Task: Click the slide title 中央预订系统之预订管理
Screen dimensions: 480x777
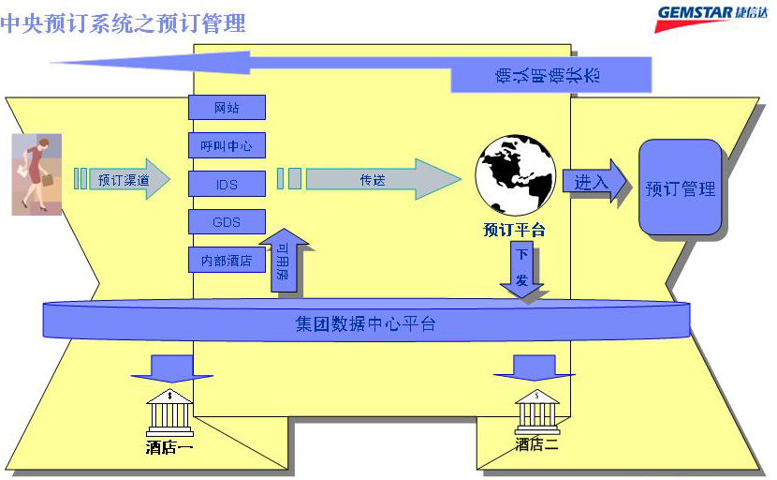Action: point(123,22)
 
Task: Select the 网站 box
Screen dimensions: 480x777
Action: point(227,108)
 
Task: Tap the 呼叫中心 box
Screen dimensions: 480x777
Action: point(227,146)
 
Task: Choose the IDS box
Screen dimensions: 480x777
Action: point(227,185)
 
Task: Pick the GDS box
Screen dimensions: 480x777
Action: point(227,222)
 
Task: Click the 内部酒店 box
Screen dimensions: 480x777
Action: point(227,261)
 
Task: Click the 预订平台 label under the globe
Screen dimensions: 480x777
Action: point(514,230)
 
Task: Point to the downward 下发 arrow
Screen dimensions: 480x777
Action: point(522,269)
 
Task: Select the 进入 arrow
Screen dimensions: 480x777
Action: point(594,182)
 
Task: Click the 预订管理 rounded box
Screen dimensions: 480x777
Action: point(681,187)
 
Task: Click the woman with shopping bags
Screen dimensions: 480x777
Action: point(37,173)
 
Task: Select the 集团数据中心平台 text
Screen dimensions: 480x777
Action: point(364,324)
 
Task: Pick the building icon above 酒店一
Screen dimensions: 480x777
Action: point(169,411)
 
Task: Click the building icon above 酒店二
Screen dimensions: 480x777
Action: point(536,411)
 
